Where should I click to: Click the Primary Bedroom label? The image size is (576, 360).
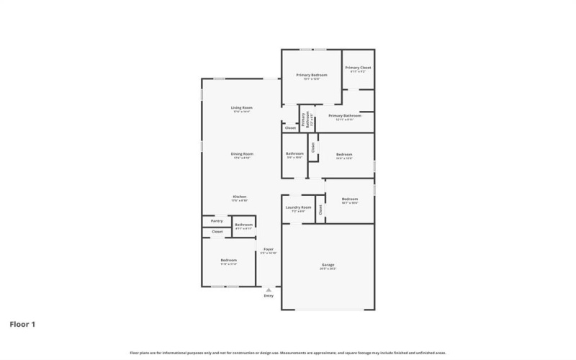click(x=311, y=75)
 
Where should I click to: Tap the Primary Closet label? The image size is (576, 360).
click(x=358, y=68)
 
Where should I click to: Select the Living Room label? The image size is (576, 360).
click(x=242, y=108)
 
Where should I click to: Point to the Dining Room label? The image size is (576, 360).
click(x=242, y=153)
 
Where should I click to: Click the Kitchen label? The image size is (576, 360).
click(x=240, y=197)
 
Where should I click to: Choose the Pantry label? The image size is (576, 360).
click(x=217, y=221)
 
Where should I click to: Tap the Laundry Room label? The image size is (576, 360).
click(x=298, y=207)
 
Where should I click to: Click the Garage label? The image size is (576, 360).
click(x=328, y=265)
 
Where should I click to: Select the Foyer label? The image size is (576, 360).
click(x=268, y=249)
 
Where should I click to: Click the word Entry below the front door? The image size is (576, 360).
click(x=269, y=296)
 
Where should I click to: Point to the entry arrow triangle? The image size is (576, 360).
click(x=269, y=289)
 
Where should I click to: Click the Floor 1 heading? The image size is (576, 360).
click(x=22, y=324)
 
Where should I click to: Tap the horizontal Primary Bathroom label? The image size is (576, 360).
click(x=344, y=115)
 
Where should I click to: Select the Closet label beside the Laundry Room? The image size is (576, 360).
click(x=320, y=210)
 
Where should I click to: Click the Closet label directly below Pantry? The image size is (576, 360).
click(x=217, y=232)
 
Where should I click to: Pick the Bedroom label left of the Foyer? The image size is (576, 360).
click(x=228, y=260)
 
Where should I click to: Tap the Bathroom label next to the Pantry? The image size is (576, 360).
click(x=243, y=225)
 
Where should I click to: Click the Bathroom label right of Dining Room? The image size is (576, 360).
click(x=294, y=153)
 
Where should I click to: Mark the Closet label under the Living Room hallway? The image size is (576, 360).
click(x=290, y=128)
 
